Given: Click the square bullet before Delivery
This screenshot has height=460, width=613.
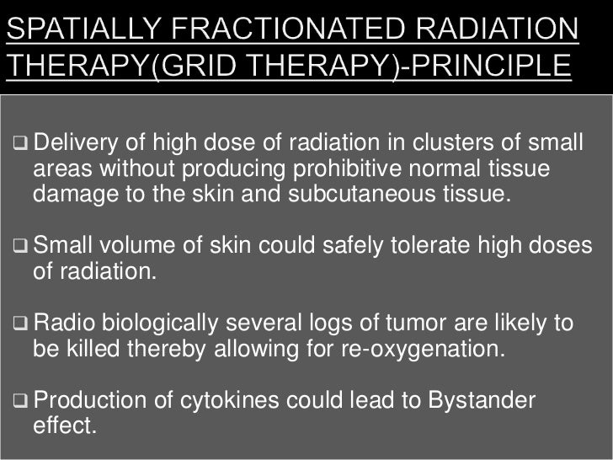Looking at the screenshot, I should [x=21, y=140].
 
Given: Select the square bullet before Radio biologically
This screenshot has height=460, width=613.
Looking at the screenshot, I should [x=21, y=324].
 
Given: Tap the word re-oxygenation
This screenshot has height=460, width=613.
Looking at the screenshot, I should [x=442, y=349].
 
